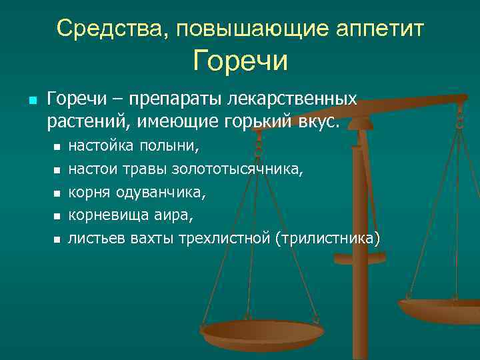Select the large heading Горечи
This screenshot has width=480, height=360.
click(x=241, y=61)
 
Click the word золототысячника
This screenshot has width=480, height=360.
click(x=237, y=169)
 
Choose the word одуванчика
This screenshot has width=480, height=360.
click(x=161, y=193)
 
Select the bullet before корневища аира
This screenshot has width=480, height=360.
click(x=57, y=217)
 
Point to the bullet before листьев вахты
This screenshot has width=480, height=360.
click(x=57, y=239)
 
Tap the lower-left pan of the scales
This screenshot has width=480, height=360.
click(x=262, y=331)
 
